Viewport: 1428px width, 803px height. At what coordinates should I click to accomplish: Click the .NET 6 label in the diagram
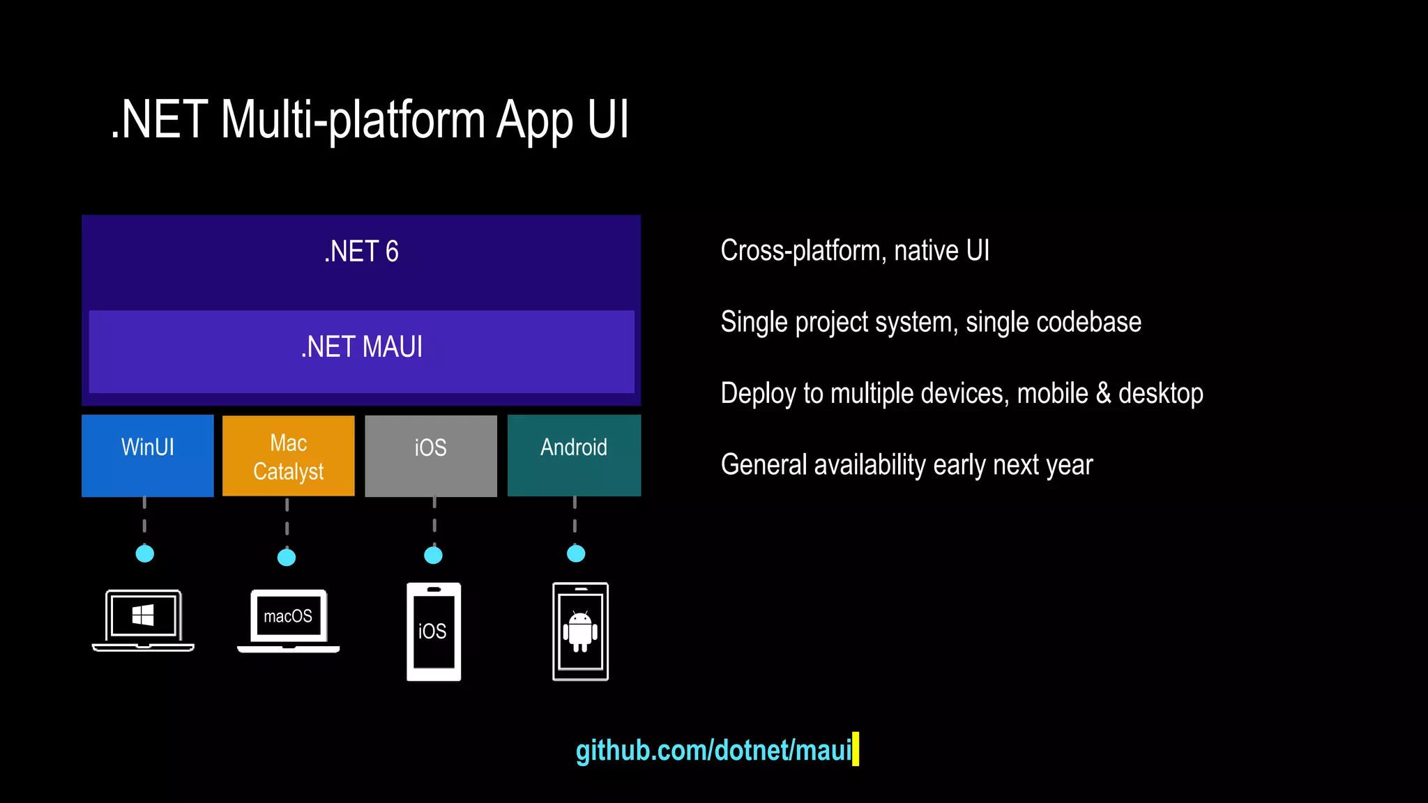click(361, 252)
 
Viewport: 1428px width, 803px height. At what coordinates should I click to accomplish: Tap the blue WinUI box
click(148, 455)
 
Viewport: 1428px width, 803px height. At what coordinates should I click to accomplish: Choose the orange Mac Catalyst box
click(288, 457)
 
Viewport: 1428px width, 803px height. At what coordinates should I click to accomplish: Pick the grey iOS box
click(430, 456)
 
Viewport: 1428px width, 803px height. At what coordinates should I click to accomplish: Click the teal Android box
click(574, 455)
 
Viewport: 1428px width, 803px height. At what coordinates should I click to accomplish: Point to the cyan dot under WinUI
click(144, 553)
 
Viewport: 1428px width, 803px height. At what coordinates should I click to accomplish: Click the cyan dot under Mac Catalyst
click(287, 557)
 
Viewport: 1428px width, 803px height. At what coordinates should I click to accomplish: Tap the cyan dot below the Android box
click(576, 553)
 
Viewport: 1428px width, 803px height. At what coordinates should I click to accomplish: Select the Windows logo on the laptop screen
click(143, 615)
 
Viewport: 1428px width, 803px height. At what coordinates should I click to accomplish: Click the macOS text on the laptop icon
click(288, 616)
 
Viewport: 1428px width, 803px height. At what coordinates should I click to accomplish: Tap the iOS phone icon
click(433, 632)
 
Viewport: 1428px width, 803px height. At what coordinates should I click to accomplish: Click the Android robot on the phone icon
click(580, 631)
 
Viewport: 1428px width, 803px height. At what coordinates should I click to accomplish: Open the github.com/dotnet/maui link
click(713, 750)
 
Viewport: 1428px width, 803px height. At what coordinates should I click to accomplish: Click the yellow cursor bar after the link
click(856, 749)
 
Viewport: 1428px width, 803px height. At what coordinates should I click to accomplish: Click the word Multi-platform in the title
click(353, 120)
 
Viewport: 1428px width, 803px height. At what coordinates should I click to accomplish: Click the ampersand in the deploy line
click(1103, 393)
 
